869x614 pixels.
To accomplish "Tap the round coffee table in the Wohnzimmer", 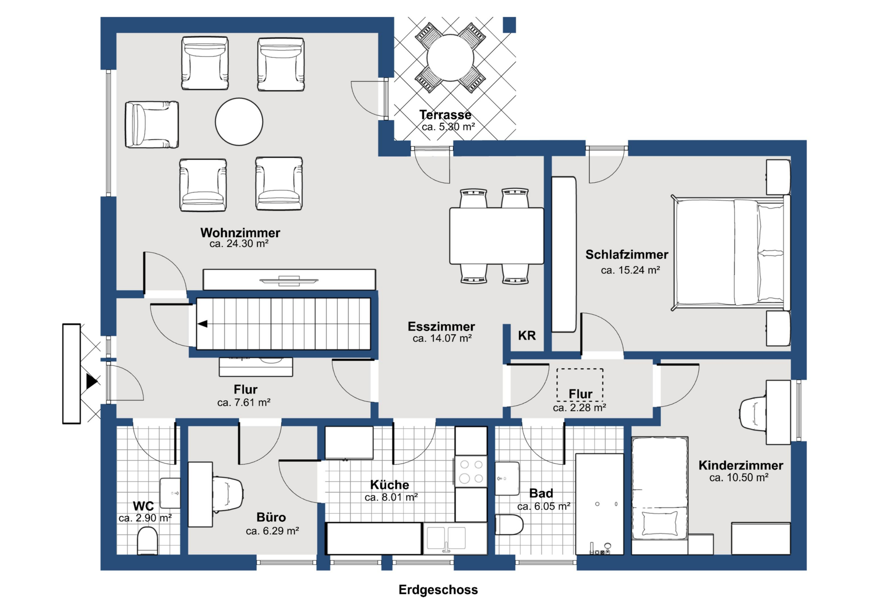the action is tap(239, 122).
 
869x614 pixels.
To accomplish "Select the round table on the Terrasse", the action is tap(450, 58).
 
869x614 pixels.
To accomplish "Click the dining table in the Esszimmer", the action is tap(497, 236).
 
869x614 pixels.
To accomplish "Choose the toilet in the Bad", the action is tap(509, 524).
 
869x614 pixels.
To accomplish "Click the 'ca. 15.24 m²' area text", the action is tap(630, 270).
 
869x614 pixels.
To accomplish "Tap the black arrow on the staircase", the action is tap(203, 324).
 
